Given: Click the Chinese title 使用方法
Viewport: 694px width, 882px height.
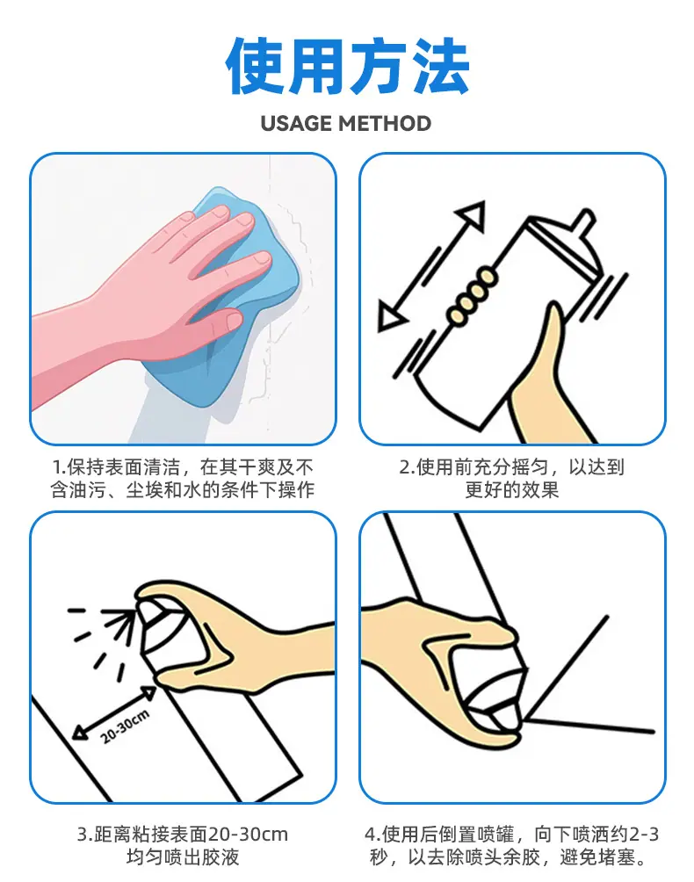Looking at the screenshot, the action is coord(347,67).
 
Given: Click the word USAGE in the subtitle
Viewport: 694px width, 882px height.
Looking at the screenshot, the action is coord(296,123).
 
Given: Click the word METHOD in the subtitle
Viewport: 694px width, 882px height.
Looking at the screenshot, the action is coord(385,123).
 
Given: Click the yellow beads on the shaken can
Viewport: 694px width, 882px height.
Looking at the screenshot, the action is coord(471,296).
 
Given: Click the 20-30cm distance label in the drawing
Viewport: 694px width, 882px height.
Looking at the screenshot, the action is coord(125,727).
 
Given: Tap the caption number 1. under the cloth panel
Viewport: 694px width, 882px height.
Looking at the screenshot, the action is coord(59,466).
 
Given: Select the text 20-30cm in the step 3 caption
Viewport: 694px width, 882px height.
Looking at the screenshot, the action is coord(248,834).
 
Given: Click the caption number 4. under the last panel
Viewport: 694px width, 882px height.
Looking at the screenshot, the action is coord(372,834).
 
